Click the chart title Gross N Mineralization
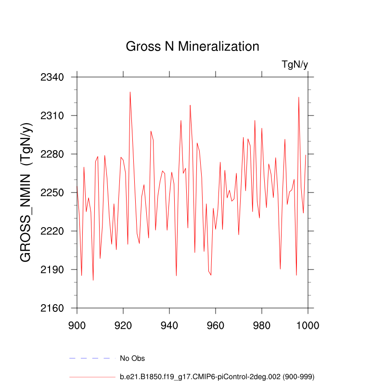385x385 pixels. [x=192, y=47]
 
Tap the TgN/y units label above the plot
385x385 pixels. [x=295, y=64]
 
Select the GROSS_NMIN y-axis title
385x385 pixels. [x=27, y=192]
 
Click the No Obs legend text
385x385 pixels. [x=132, y=359]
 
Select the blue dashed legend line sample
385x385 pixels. [x=92, y=359]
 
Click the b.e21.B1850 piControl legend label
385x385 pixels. [x=217, y=376]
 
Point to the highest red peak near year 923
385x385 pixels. [x=130, y=92]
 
